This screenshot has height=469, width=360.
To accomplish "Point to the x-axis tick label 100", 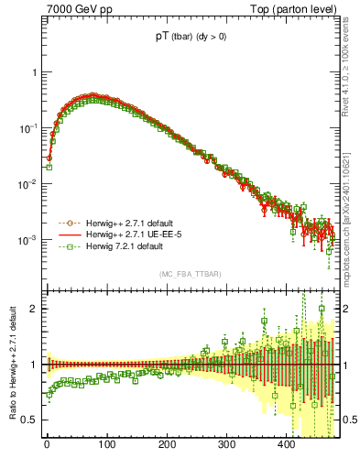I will point(106,447).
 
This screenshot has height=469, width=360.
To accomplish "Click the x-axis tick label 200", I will point(167,447).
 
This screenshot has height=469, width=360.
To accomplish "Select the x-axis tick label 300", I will point(226,447).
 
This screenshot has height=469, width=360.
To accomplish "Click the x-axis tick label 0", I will point(47,447).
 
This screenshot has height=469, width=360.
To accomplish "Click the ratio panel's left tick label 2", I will point(34,309).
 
